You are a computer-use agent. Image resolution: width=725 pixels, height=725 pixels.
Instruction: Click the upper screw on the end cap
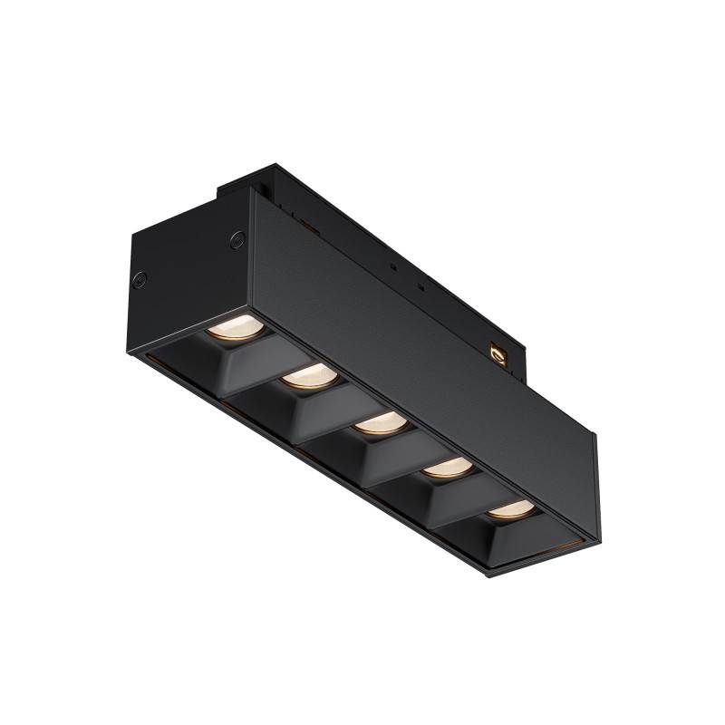(238, 239)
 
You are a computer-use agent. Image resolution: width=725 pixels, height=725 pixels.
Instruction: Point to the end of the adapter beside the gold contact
(517, 358)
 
